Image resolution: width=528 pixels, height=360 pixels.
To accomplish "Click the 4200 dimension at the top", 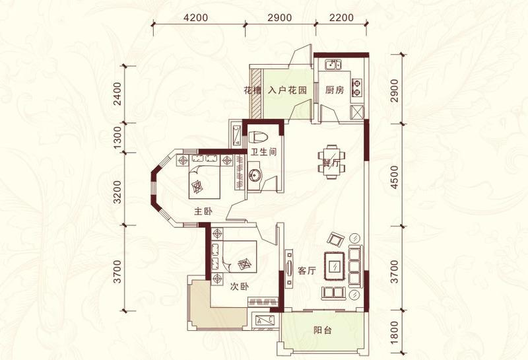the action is pos(196,17).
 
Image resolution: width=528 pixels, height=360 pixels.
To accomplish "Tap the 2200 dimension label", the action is pos(342,17).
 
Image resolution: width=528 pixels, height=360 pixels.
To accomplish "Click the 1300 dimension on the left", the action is pos(117,138).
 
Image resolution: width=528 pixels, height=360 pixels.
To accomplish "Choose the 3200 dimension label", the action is pos(117,192).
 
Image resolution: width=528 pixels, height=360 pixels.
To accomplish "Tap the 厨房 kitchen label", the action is pos(335,90).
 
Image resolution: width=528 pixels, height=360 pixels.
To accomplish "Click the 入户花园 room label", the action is pos(288,90).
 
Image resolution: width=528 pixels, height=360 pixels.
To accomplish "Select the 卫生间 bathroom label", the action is pos(263,152).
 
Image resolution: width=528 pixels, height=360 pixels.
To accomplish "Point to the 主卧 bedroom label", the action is pos(203,211).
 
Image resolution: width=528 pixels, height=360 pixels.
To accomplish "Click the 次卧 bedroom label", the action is pos(240,287).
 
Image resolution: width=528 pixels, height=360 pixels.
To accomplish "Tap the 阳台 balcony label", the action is pos(323,330).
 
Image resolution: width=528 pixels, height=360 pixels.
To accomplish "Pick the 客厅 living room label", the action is pos(307,270).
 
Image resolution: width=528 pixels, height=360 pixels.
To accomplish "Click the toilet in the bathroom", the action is pos(258,137).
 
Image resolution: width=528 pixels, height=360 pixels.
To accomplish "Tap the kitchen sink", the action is pos(333,64).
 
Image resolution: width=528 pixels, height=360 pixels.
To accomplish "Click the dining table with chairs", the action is pos(332,162).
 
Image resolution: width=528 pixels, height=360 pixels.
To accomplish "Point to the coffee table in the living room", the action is pos(335,266).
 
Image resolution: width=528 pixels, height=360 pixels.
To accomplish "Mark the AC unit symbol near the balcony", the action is pos(265,320).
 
